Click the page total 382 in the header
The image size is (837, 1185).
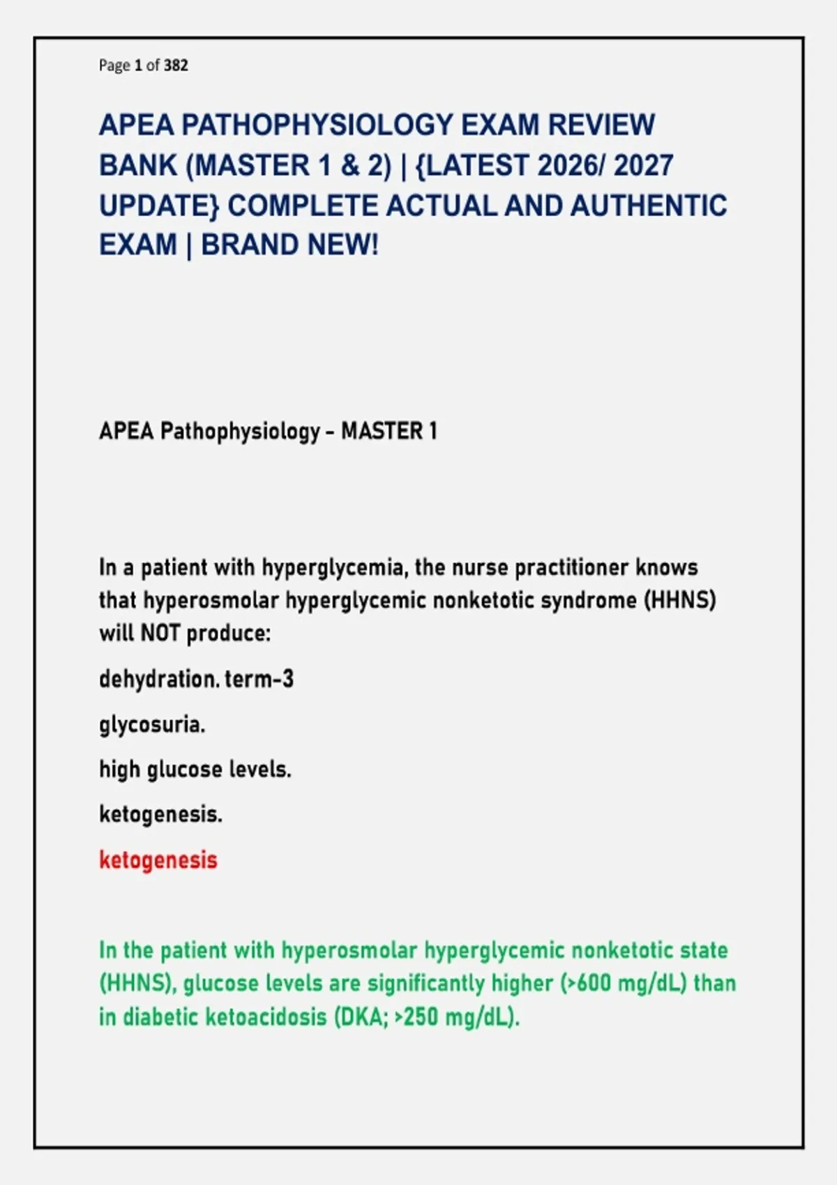click(176, 65)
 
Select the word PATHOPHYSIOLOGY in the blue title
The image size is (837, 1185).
click(317, 125)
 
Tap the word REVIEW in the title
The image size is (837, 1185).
click(601, 125)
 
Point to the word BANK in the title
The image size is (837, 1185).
click(138, 165)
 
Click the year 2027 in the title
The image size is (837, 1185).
click(644, 165)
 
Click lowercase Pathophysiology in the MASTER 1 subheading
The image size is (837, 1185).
click(241, 431)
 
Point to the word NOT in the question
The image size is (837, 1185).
click(160, 633)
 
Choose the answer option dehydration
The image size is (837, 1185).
click(159, 679)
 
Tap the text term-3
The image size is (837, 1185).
click(259, 679)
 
